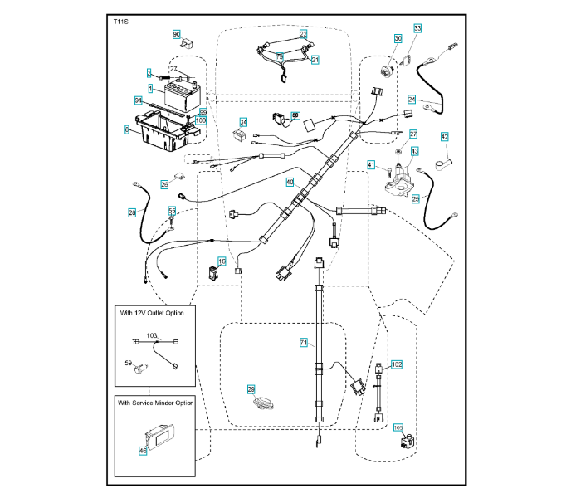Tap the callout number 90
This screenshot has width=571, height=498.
tap(176, 34)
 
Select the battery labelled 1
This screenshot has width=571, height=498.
tap(180, 94)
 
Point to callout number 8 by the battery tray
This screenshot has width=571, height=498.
tap(127, 129)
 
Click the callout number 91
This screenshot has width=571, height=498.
tap(139, 100)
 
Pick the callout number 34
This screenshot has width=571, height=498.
tap(244, 121)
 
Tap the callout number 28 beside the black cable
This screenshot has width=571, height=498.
tap(132, 212)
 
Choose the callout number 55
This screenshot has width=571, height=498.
tap(172, 212)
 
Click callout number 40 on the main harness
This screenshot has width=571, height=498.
tap(290, 181)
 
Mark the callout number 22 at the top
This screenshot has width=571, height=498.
tap(304, 34)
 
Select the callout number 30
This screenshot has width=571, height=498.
tap(398, 39)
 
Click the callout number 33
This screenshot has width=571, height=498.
tap(417, 28)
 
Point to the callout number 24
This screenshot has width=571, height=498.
tap(412, 99)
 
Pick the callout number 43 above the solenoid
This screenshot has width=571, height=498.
tap(414, 151)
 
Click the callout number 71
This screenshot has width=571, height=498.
tap(304, 342)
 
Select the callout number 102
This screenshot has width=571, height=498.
tap(396, 364)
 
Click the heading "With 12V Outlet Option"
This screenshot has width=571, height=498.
tap(153, 313)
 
